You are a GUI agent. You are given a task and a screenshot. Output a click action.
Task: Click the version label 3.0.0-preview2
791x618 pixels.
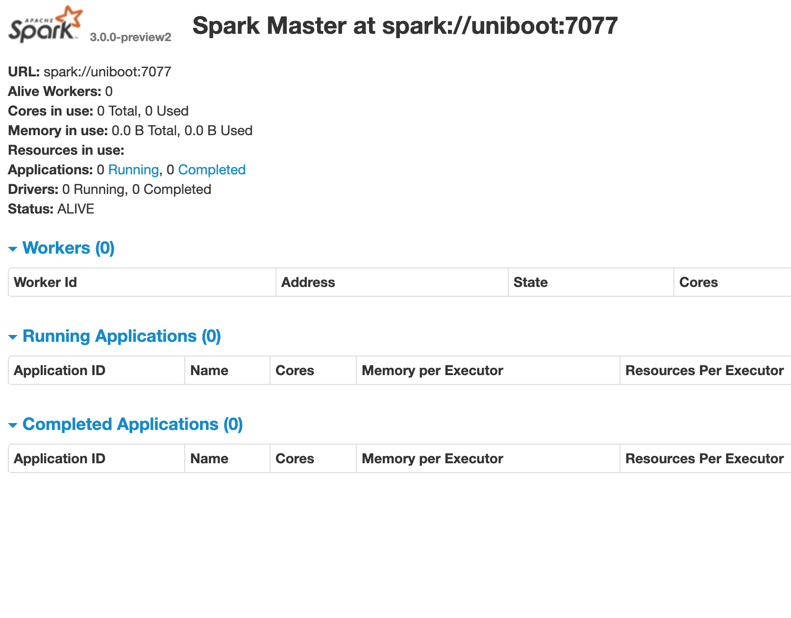coord(130,37)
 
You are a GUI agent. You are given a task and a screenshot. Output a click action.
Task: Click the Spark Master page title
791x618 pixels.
coord(405,25)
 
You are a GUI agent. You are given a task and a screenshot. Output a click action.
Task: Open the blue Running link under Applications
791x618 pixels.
coord(133,170)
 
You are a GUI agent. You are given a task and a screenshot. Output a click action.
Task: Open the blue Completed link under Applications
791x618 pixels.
coord(212,170)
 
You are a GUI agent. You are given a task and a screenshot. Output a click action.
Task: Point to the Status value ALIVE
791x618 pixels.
coord(75,209)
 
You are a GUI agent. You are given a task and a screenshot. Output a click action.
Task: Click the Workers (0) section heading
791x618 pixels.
coord(68,248)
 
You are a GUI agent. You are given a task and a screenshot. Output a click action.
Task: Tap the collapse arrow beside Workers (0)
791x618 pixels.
coord(13,249)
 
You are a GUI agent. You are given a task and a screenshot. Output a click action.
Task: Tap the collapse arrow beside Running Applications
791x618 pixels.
coord(13,337)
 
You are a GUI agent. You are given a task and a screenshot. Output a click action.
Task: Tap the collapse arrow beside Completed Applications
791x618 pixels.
coord(13,425)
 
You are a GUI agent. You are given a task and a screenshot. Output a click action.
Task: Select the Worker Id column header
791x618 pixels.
coord(45,283)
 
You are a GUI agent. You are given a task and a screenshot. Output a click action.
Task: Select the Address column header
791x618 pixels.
coord(308,283)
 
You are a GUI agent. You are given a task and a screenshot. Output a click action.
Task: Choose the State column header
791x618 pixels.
coord(530,283)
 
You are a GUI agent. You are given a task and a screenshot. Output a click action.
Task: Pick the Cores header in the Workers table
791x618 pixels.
coord(698,283)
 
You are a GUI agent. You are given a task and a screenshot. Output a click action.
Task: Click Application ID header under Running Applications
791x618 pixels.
coord(59,371)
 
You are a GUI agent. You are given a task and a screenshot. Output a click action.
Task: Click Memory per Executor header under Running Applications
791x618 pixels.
coord(432,371)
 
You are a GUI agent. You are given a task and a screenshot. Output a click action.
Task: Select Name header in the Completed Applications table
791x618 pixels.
coord(209,459)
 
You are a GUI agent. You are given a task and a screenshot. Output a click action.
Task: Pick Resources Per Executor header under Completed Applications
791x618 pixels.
coord(704,459)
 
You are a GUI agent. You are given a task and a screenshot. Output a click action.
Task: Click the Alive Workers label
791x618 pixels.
coord(54,92)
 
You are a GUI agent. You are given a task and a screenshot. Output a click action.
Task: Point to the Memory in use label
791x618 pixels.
coord(58,131)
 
